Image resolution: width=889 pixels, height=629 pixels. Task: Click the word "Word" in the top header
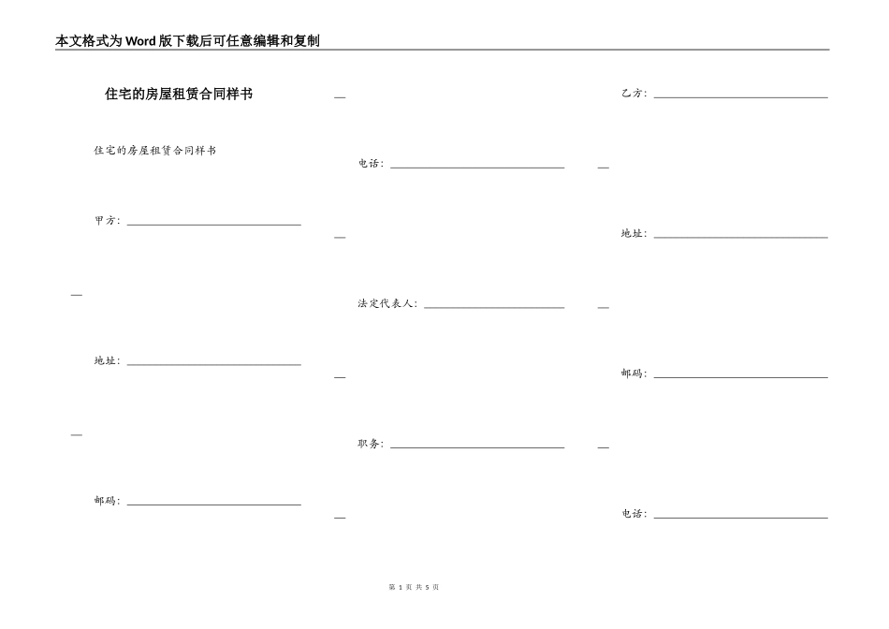click(x=141, y=41)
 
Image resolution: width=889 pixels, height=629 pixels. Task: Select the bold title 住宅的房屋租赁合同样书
click(x=179, y=94)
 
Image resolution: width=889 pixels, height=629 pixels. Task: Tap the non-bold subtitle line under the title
click(x=154, y=151)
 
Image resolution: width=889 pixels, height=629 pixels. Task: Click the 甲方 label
click(x=107, y=221)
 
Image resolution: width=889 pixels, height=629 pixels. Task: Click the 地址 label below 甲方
click(x=107, y=361)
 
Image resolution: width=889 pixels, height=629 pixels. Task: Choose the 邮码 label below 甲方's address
click(x=107, y=501)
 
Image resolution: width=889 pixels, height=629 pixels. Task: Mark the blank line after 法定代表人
click(x=494, y=307)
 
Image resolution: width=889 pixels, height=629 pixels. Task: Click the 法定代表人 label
click(x=387, y=304)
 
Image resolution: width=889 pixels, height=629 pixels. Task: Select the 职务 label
click(x=371, y=444)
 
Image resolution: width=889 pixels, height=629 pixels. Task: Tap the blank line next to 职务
click(x=477, y=447)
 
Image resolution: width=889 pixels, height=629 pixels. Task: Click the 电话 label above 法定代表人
click(x=371, y=164)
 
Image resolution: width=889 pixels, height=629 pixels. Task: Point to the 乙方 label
click(x=634, y=94)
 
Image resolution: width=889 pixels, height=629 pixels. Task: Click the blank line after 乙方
click(x=740, y=97)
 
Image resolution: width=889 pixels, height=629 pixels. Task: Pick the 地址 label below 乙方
click(x=634, y=234)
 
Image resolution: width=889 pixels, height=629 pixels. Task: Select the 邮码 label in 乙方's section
click(x=634, y=373)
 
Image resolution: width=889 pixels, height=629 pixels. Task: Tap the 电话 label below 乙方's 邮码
click(x=634, y=514)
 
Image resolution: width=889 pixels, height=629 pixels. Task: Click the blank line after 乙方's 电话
click(x=740, y=518)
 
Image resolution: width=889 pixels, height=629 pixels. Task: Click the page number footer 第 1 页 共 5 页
click(x=413, y=587)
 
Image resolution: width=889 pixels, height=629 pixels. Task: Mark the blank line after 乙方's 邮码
click(x=740, y=377)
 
